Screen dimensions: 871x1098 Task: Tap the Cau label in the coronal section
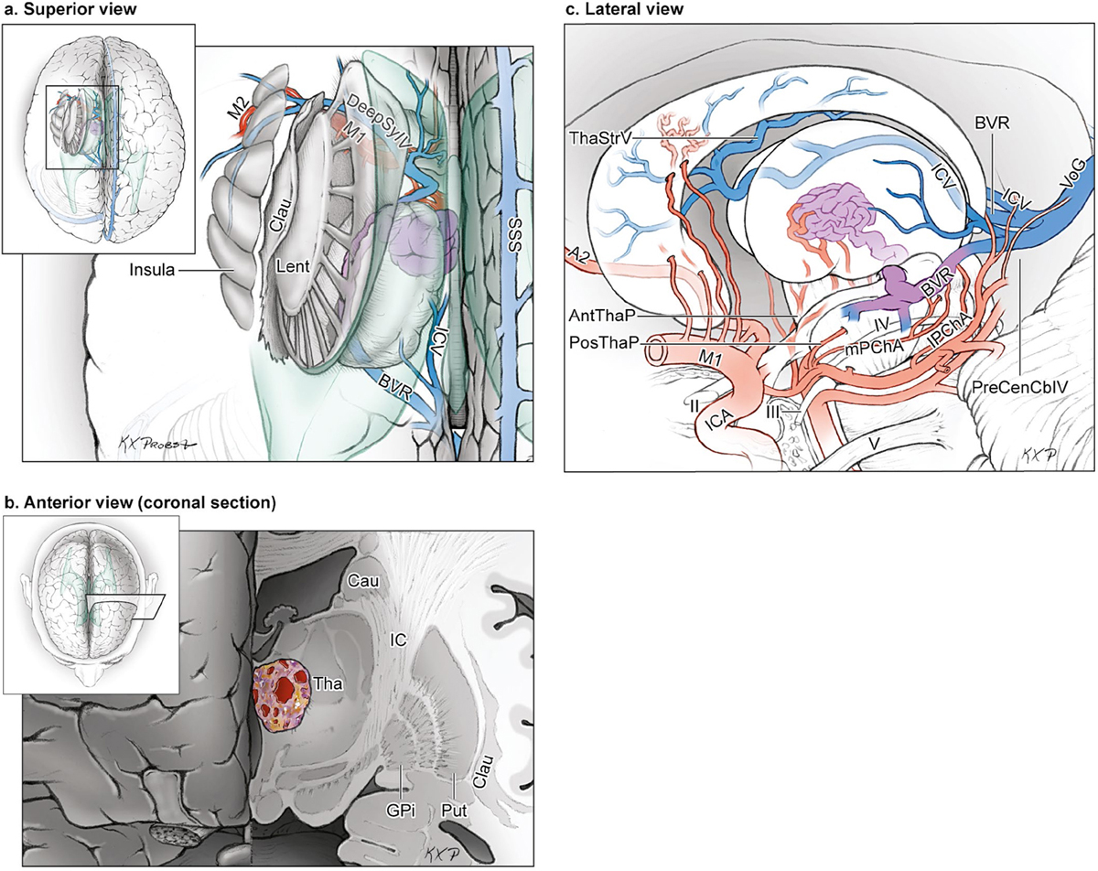click(x=358, y=580)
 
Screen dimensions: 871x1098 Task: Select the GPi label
click(x=404, y=812)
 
